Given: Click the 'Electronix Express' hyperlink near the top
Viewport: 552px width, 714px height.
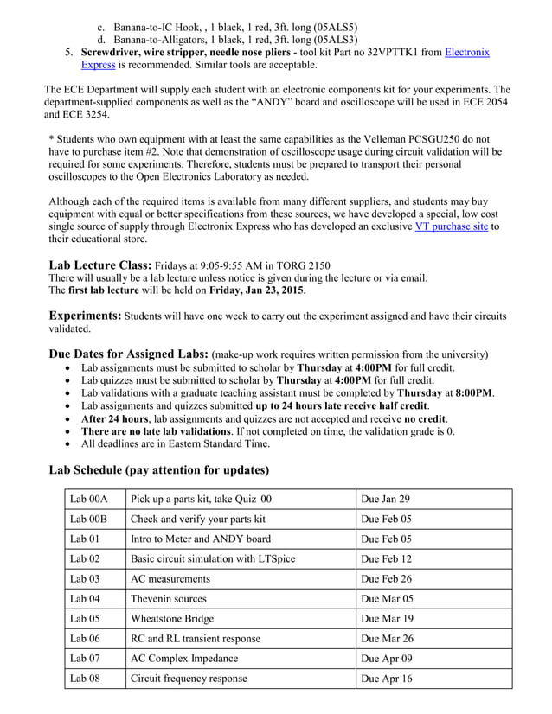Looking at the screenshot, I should click(x=467, y=53).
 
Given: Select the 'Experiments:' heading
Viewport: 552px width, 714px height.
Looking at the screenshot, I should click(x=85, y=316).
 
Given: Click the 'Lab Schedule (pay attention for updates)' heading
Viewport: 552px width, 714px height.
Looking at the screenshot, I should click(x=158, y=470).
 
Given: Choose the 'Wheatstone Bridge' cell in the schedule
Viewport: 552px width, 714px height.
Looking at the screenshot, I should click(x=172, y=619).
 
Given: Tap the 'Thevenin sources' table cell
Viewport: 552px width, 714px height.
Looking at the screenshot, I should click(x=169, y=598).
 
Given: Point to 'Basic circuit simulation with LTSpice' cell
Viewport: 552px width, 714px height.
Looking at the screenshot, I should click(x=213, y=559).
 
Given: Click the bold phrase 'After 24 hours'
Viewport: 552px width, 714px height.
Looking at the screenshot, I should click(x=115, y=418).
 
